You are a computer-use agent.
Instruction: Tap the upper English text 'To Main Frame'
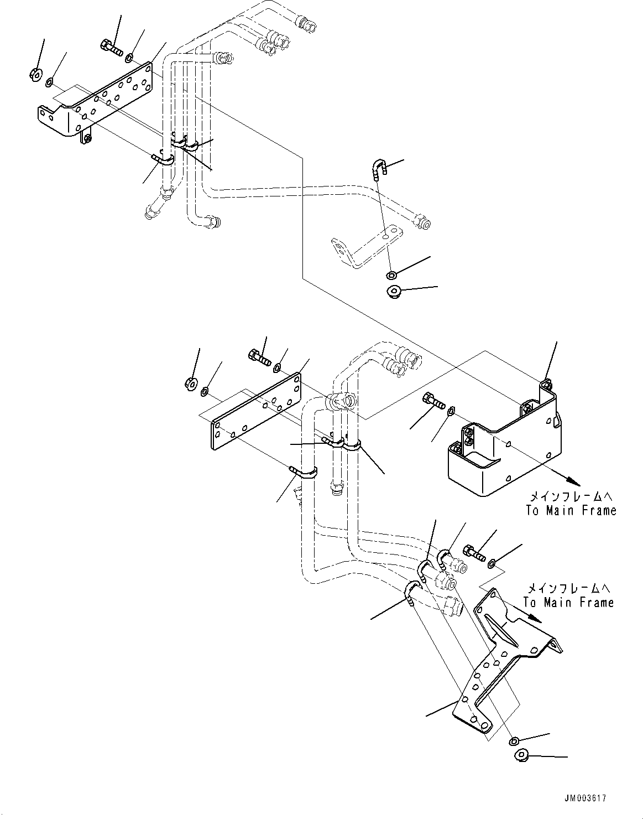click(571, 510)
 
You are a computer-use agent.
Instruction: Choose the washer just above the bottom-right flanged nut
click(514, 740)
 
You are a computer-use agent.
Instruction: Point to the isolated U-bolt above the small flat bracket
click(379, 168)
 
